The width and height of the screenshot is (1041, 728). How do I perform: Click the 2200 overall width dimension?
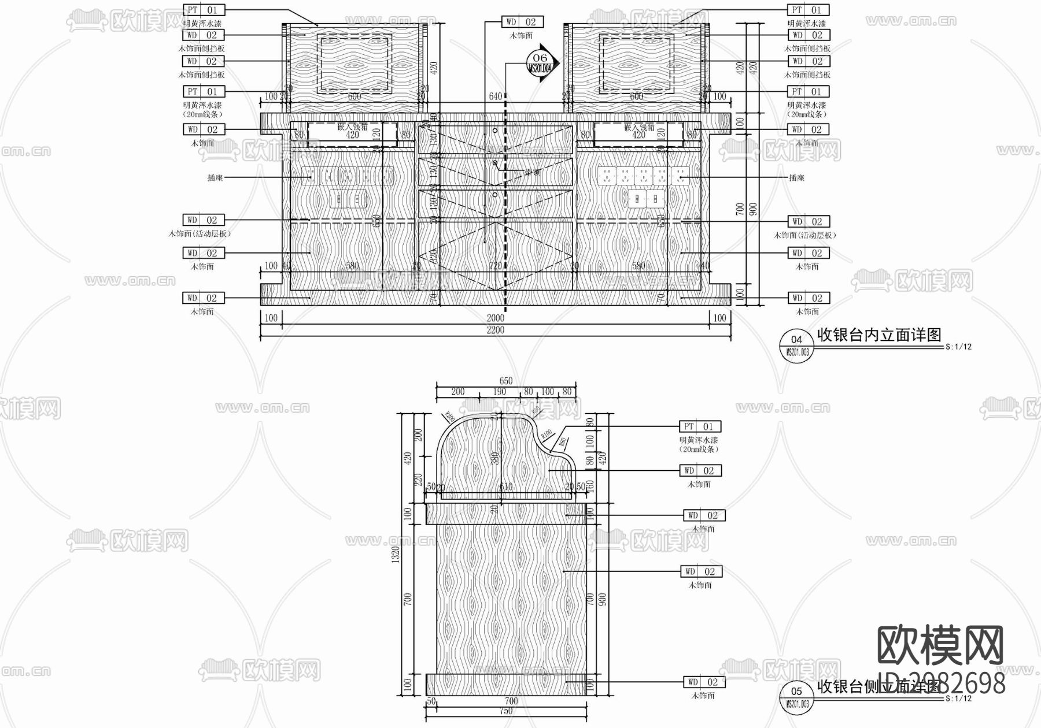[495, 330]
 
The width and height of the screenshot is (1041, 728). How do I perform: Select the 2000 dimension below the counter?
[495, 318]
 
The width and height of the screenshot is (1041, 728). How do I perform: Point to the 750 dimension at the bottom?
[505, 711]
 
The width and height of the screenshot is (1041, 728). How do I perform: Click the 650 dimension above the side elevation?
[505, 381]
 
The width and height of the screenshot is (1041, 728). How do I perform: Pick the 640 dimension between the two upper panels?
[496, 96]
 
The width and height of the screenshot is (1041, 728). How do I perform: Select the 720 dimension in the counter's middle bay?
[496, 266]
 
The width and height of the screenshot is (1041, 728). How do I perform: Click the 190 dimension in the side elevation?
[500, 392]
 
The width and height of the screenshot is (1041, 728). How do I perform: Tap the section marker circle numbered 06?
[540, 62]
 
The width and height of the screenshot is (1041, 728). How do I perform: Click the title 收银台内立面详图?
[878, 335]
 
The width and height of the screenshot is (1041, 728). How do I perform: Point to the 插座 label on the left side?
[215, 177]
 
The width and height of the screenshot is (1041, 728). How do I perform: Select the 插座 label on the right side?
[796, 177]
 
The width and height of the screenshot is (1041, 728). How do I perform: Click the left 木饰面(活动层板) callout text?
[200, 233]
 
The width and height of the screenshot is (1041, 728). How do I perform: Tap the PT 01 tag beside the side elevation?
[700, 427]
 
